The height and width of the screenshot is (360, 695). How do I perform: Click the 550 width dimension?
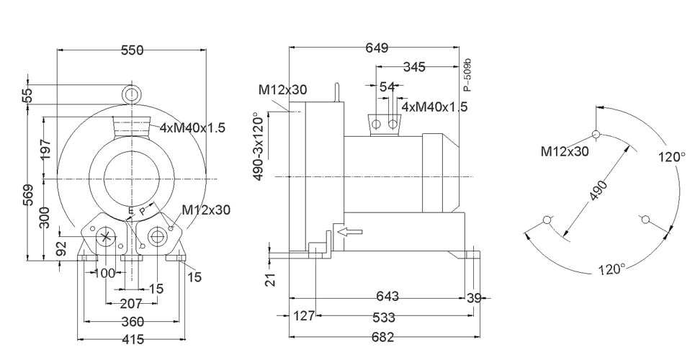click(133, 50)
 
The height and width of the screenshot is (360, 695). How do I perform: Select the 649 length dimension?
click(377, 48)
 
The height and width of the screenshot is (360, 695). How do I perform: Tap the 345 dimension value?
click(414, 67)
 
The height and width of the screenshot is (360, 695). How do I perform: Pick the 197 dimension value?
click(45, 149)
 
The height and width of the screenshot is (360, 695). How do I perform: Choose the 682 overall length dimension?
click(382, 338)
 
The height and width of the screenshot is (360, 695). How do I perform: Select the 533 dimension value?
click(383, 318)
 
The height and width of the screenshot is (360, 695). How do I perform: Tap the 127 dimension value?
click(304, 316)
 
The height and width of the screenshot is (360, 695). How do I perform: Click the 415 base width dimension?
click(133, 339)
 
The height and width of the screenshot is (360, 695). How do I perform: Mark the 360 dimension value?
click(133, 321)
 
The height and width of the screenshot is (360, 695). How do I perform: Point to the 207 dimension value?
click(132, 304)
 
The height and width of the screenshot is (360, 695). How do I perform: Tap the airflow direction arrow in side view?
click(350, 231)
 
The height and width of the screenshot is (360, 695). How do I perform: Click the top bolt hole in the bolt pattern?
click(596, 134)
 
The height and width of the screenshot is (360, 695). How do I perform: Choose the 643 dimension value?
click(387, 296)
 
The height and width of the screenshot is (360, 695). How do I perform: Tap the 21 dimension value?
click(272, 279)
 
